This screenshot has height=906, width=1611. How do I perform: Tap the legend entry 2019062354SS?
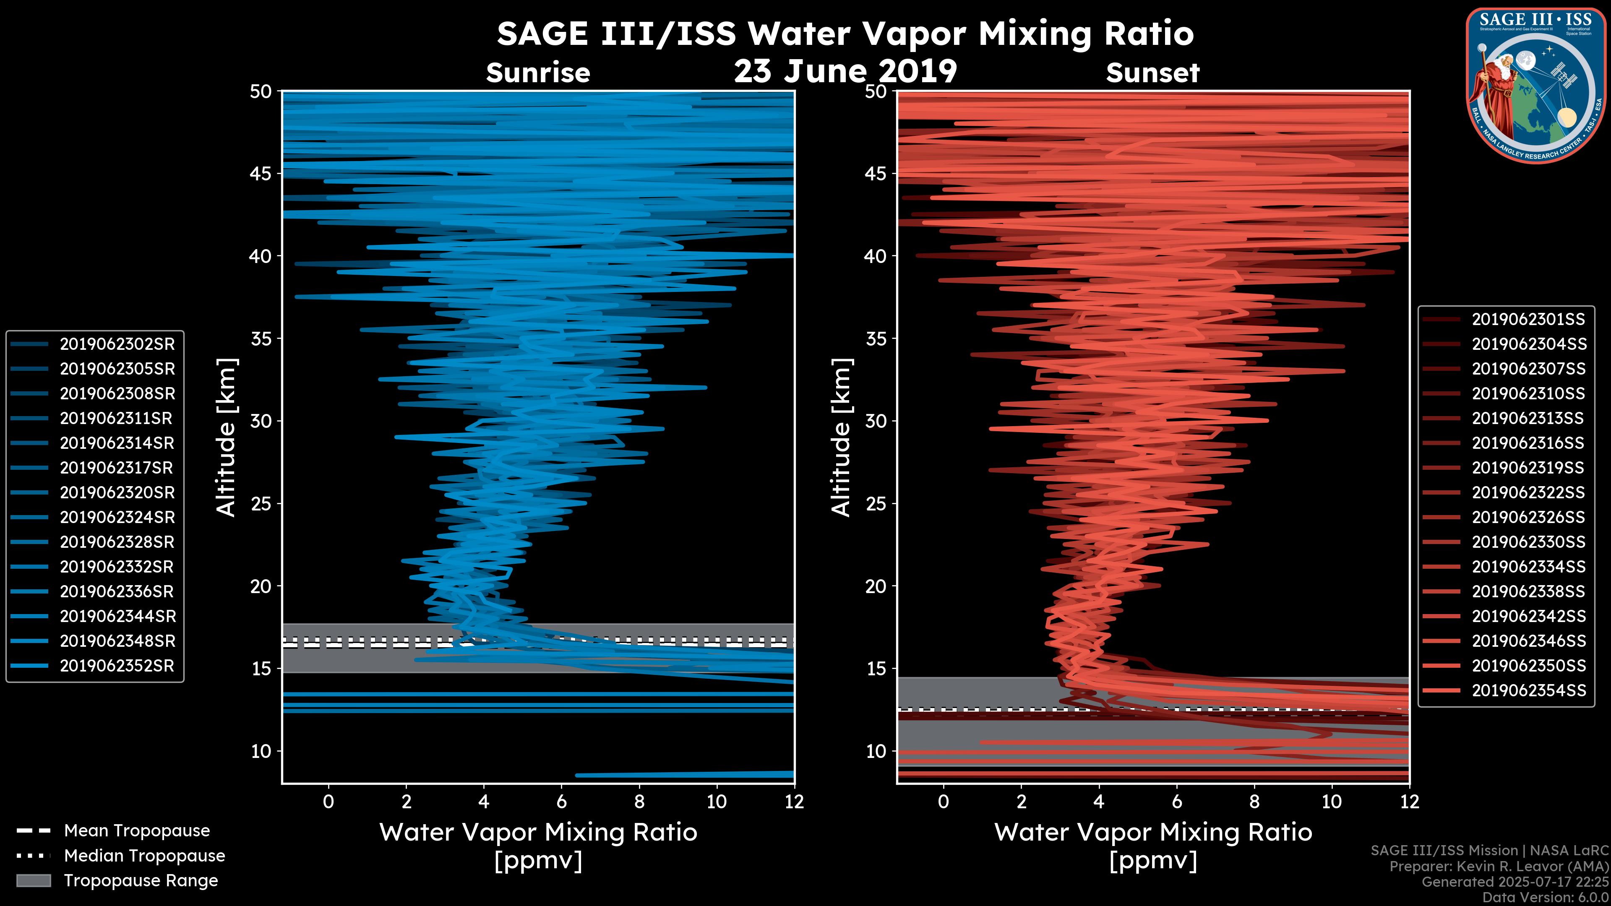[x=1528, y=690]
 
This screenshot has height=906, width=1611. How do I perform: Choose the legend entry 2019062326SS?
[x=1528, y=517]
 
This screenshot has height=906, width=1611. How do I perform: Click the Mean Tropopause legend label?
[x=137, y=830]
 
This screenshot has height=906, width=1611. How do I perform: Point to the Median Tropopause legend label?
[x=144, y=855]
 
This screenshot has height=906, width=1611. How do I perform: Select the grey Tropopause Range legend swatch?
[x=34, y=880]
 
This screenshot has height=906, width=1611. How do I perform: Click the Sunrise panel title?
[x=538, y=73]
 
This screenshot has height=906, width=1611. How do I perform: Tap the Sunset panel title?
[x=1152, y=73]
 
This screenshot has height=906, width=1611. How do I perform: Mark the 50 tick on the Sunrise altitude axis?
[x=261, y=92]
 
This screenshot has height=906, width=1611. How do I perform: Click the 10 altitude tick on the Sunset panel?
[x=876, y=751]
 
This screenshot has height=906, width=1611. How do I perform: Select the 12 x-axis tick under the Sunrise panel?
[x=794, y=802]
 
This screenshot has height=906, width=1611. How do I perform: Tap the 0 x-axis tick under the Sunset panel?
[x=943, y=802]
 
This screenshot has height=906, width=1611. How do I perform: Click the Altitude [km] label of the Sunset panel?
[x=841, y=437]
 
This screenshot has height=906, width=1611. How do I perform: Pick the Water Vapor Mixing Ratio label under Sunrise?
[x=538, y=832]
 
